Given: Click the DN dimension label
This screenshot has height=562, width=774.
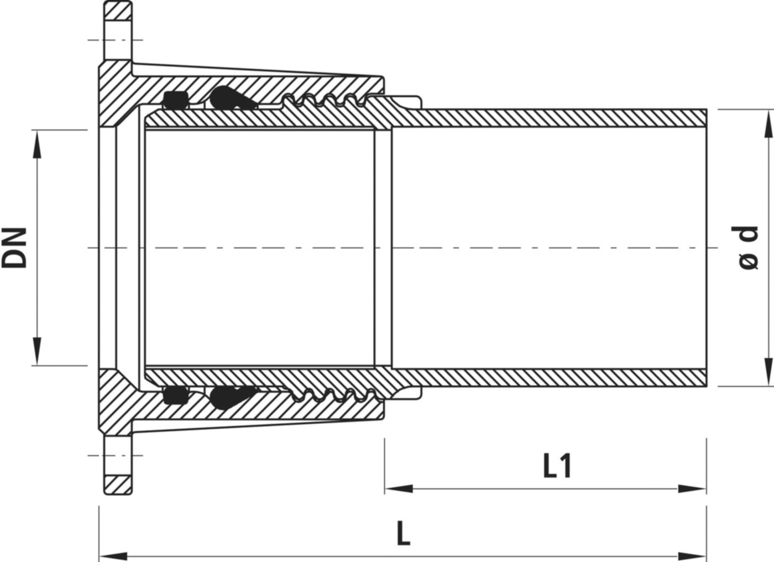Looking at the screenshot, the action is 14,247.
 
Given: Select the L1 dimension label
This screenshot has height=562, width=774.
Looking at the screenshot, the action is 557,466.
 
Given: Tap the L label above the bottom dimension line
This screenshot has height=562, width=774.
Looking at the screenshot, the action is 404,534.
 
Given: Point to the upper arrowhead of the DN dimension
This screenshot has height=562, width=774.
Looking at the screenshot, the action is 37,144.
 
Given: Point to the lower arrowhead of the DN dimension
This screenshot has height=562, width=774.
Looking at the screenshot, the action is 37,351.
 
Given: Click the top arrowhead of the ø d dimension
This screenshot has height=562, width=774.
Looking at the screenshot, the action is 767,124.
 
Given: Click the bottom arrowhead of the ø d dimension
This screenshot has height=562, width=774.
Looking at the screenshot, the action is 767,372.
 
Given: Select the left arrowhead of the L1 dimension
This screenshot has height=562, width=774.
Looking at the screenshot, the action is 399,489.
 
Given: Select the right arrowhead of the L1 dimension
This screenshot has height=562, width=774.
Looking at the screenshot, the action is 692,489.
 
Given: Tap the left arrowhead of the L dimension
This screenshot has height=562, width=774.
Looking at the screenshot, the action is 113,556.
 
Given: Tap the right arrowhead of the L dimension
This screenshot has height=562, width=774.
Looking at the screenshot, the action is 692,556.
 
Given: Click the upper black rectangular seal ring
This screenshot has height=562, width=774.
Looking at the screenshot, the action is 176,100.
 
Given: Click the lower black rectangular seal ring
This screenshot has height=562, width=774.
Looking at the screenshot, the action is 176,395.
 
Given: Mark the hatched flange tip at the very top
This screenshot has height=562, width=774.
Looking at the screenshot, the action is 118,11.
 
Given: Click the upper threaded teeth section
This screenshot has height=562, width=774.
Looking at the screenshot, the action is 325,100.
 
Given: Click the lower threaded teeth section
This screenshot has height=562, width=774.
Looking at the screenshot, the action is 333,395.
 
